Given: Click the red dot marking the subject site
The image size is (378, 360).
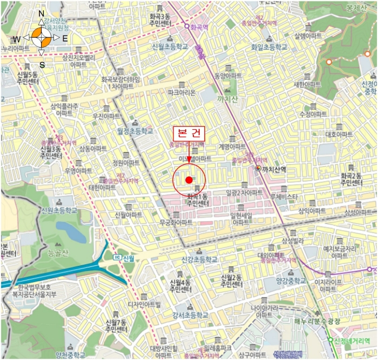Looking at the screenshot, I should pyautogui.click(x=188, y=179).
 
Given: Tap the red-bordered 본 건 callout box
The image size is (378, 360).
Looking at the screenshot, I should pyautogui.click(x=189, y=134).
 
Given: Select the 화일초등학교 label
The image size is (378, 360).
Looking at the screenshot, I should pyautogui.click(x=269, y=48).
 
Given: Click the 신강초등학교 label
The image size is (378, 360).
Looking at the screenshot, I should pyautogui.click(x=199, y=260).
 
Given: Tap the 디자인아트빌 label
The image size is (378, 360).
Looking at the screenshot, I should pyautogui.click(x=144, y=304).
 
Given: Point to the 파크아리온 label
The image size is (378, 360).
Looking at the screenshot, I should pyautogui.click(x=181, y=92).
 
